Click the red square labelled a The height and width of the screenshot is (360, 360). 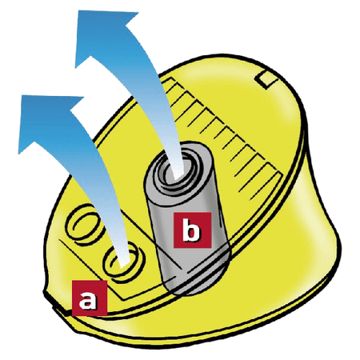pos(90,298)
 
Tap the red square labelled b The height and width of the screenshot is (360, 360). pos(192,230)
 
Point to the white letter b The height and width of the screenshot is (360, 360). pos(191,230)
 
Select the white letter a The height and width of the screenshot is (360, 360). pos(88,300)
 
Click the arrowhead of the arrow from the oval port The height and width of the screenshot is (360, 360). pos(50,120)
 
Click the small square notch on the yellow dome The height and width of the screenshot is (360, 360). pos(266,78)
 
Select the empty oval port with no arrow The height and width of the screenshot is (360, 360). pos(82,223)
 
